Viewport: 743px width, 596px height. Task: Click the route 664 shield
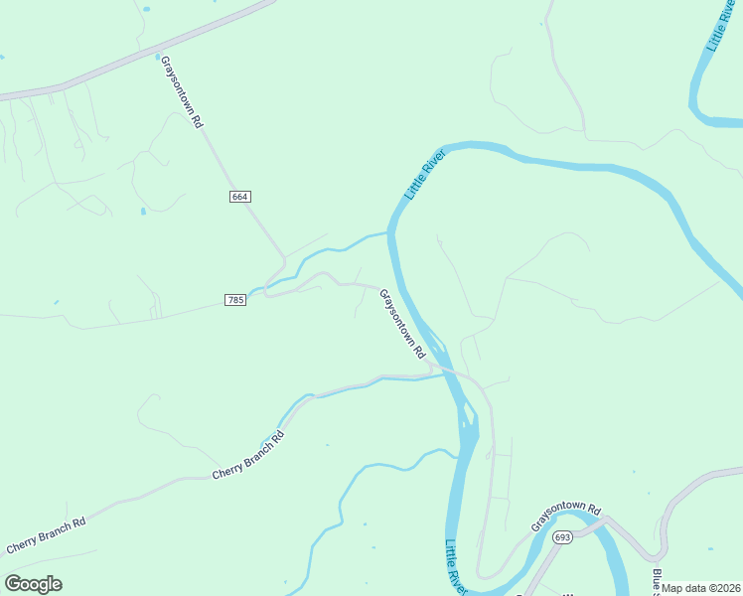tap(239, 197)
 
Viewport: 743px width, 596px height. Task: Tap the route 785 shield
tap(235, 300)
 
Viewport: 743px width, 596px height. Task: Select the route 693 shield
tap(563, 537)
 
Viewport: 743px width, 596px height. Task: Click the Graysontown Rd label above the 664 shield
tap(182, 91)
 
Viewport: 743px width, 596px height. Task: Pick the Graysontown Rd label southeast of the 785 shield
tap(402, 324)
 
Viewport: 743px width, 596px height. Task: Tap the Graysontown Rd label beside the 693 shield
tap(567, 517)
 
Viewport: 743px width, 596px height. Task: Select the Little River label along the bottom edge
tap(456, 567)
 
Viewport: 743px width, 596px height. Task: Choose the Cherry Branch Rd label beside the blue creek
tap(248, 455)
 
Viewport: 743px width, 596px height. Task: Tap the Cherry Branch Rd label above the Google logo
tap(46, 535)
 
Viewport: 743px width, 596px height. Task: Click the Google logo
tap(34, 584)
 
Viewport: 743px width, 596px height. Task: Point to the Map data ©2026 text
tap(701, 588)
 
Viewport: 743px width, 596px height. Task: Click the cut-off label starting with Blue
tap(657, 581)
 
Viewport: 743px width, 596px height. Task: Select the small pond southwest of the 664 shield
tap(144, 211)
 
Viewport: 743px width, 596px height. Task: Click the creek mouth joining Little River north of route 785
tap(388, 233)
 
